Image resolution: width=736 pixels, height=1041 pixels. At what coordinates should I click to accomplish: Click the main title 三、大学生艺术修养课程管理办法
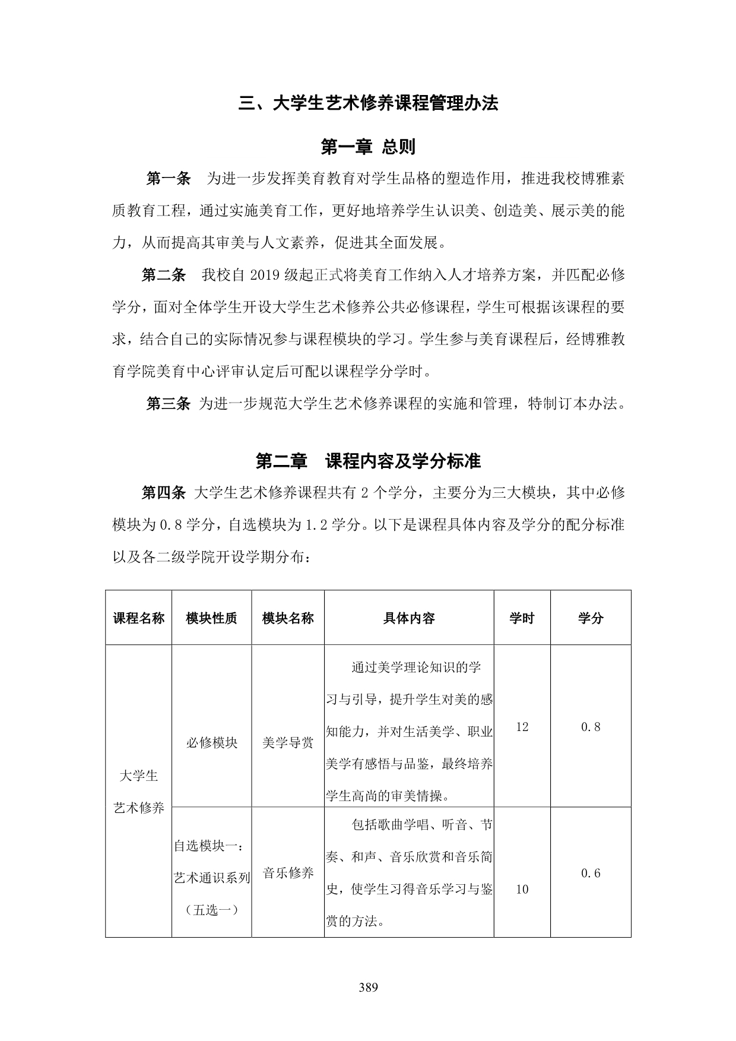(368, 103)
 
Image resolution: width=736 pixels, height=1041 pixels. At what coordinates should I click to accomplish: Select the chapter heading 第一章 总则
(368, 147)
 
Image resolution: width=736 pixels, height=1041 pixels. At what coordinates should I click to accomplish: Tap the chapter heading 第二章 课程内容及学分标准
(368, 461)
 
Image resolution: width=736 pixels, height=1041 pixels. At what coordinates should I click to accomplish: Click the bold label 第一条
(168, 178)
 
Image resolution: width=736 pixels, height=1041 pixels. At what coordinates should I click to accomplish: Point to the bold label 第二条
(163, 275)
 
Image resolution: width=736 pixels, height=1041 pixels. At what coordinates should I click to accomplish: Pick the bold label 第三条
(168, 404)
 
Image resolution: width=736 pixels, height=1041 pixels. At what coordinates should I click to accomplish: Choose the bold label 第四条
(163, 492)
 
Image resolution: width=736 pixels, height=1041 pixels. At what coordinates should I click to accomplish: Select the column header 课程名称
(139, 618)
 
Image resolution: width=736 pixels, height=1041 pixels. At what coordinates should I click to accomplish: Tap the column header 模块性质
(211, 618)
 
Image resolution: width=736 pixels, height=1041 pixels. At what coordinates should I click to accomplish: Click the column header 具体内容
(409, 618)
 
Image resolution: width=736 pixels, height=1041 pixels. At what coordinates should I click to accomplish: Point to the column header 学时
(522, 618)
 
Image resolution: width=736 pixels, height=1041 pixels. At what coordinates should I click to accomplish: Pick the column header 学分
(591, 618)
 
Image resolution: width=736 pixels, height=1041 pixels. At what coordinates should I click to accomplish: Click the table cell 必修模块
(211, 742)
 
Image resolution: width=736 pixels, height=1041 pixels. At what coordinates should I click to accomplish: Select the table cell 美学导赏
(288, 742)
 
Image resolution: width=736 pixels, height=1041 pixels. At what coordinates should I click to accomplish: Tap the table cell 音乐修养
(288, 873)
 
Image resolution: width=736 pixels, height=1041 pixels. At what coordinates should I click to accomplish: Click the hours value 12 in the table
(522, 727)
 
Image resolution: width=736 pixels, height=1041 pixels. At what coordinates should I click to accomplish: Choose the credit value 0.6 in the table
(591, 873)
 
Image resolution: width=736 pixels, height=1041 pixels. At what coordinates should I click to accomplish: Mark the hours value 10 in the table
(522, 889)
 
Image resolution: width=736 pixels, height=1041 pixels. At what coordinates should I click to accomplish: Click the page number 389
(368, 988)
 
